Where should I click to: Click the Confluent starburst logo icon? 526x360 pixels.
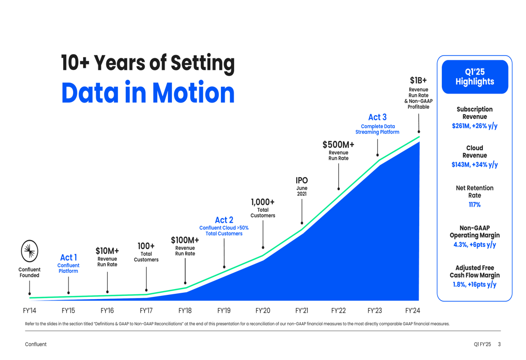pos(29,251)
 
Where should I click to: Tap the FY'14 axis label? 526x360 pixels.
pos(29,311)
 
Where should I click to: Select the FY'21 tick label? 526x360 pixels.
pos(301,311)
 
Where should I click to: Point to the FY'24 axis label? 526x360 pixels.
pos(412,311)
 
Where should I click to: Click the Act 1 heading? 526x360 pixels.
pos(68,258)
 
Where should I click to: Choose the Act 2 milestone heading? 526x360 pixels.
pos(224,220)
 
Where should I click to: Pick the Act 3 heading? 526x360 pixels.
pos(377,117)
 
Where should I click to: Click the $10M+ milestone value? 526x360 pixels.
pos(107,251)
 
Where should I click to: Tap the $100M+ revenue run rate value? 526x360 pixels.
pos(185,240)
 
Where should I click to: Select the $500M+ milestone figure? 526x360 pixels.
pos(338,145)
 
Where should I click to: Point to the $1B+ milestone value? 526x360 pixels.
pos(418,80)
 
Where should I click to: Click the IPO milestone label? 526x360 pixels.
pos(301,180)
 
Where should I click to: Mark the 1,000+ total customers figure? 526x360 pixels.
pos(262,202)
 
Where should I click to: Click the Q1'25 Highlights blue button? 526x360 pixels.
pos(474,77)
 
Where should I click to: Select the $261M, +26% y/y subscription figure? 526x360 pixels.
pos(474,126)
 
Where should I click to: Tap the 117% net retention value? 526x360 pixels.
pos(474,205)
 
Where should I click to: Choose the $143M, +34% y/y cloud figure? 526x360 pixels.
pos(474,165)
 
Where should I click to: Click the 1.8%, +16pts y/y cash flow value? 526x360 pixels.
pos(474,285)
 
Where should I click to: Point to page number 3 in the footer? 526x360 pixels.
pos(499,345)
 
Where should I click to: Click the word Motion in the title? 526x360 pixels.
pos(193,92)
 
